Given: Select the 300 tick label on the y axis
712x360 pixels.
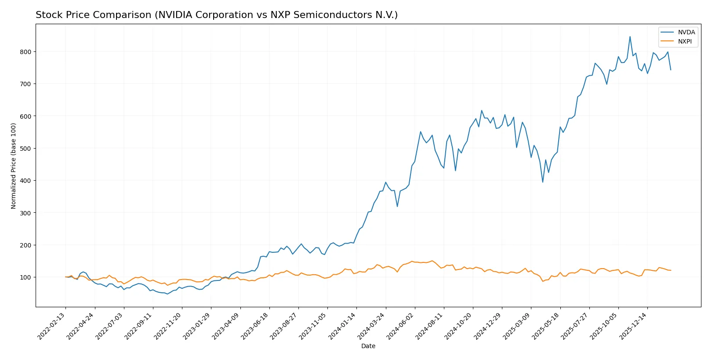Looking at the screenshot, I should [x=26, y=213].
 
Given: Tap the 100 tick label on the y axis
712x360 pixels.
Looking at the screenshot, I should [x=26, y=277].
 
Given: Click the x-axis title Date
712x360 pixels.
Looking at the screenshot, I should [x=368, y=346].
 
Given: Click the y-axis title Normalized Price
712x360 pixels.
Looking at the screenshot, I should [x=14, y=166].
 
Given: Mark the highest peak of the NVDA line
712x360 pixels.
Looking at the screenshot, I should [x=630, y=36].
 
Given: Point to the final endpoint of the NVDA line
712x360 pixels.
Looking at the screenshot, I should [x=671, y=70].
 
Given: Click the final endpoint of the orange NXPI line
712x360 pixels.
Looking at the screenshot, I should [x=671, y=270].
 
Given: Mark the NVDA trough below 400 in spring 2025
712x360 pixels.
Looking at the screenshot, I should [x=543, y=182].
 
